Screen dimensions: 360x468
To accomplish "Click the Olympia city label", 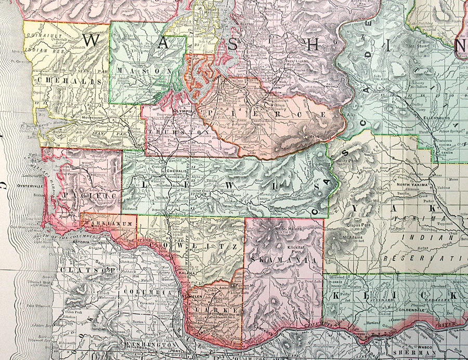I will pyautogui.click(x=184, y=111).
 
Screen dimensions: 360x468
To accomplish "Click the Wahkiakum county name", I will pyautogui.click(x=109, y=224).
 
